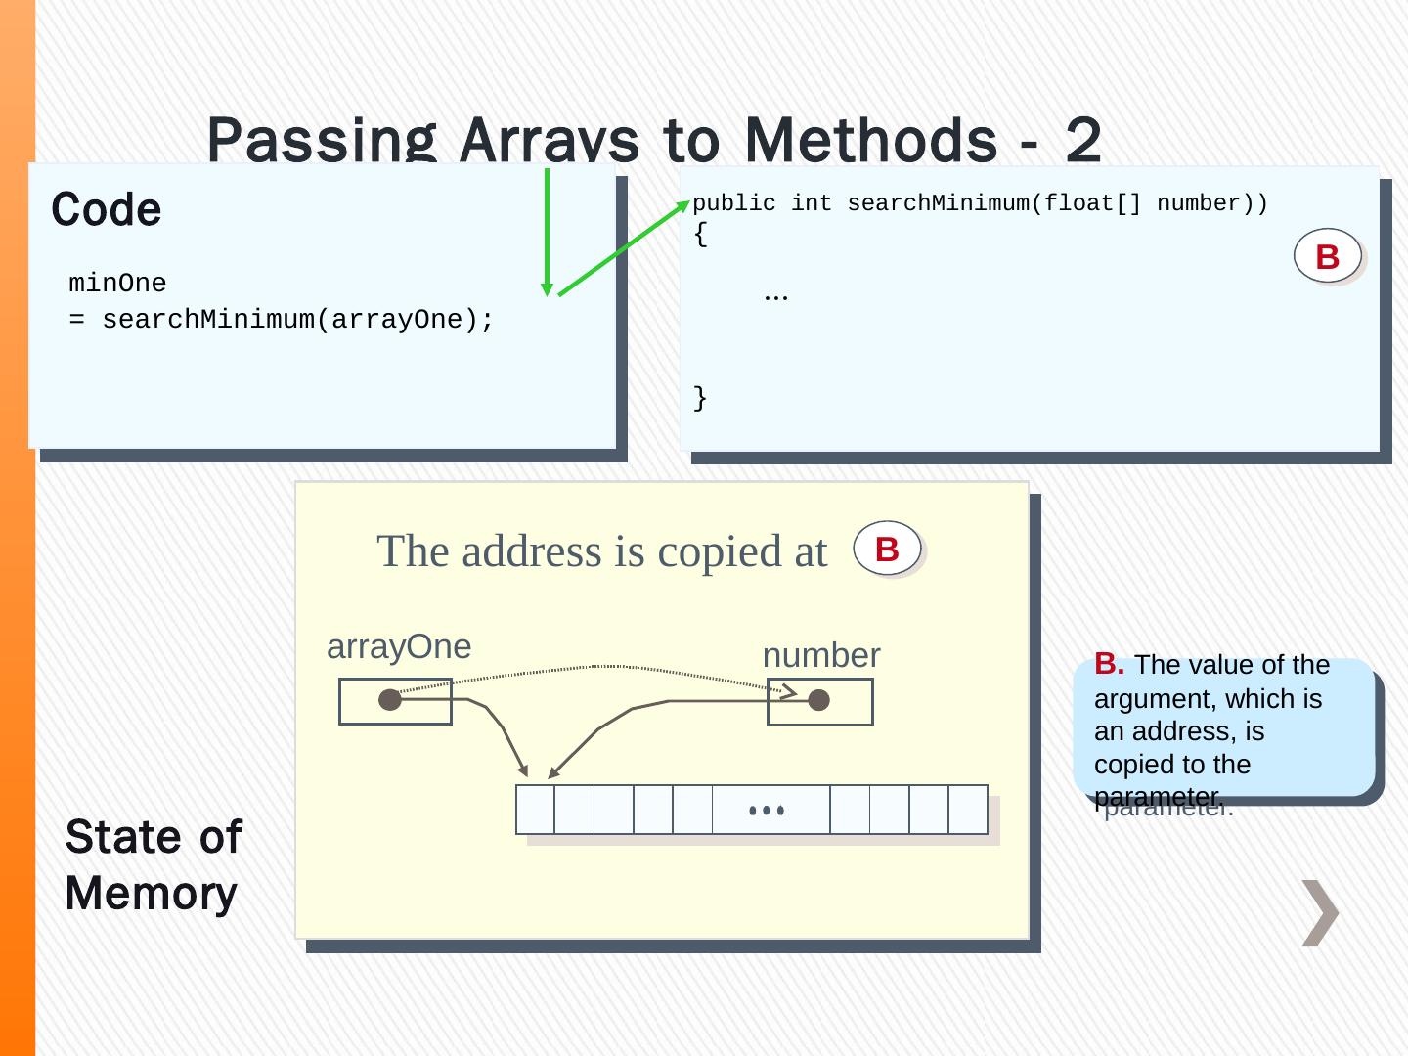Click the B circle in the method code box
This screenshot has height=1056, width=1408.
1327,256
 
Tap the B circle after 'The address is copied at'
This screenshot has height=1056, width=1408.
887,549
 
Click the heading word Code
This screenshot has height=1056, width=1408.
107,209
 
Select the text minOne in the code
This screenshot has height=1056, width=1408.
117,284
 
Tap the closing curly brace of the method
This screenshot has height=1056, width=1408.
699,398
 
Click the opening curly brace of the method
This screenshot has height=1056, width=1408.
699,235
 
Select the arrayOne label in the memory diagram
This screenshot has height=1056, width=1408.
399,646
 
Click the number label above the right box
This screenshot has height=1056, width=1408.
821,655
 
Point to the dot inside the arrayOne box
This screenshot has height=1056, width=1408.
390,699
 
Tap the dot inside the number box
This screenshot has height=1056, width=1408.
819,699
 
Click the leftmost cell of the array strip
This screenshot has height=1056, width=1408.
535,810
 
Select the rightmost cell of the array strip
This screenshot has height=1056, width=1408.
968,810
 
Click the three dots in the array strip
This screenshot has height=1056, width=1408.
767,811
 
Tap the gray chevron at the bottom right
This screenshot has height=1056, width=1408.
1320,913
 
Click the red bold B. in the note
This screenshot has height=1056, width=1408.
1109,664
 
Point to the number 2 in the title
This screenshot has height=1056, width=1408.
1083,140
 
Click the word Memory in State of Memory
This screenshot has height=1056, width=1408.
152,894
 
